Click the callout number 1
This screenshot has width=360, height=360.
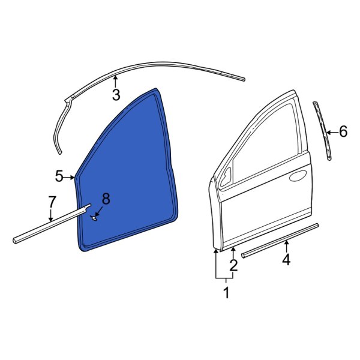[226, 293]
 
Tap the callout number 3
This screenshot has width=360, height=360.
[116, 94]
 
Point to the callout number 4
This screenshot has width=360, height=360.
[286, 259]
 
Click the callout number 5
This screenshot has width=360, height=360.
[59, 176]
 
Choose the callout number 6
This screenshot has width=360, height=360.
[343, 131]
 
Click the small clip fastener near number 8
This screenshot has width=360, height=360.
[94, 219]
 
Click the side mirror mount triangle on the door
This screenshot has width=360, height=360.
[227, 178]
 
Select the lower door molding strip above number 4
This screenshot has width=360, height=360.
[279, 241]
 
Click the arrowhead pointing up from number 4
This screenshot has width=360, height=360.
[286, 243]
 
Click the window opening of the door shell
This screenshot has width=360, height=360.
[264, 138]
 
